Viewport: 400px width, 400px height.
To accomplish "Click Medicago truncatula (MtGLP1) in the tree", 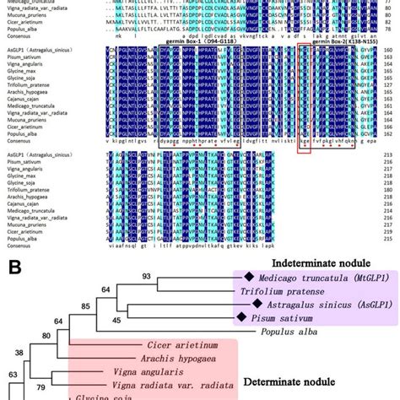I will click(x=312, y=277).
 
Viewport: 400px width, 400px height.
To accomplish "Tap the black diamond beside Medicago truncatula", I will click(x=249, y=277).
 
